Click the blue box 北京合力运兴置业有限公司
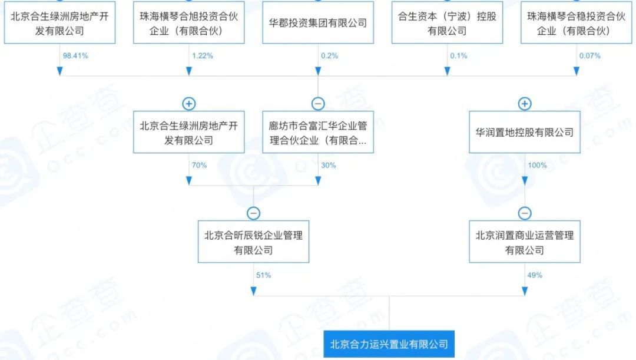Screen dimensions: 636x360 click(x=389, y=344)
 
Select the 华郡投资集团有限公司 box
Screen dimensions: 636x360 click(x=318, y=23)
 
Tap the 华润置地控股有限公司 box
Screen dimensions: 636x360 click(x=525, y=133)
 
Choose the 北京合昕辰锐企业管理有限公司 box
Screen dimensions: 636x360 click(x=253, y=242)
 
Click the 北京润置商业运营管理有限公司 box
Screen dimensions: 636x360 click(x=525, y=242)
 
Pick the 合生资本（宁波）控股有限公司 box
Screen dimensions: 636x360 click(x=447, y=23)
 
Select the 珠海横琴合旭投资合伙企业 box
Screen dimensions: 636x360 click(x=189, y=23)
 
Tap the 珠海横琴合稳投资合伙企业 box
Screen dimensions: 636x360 click(x=577, y=23)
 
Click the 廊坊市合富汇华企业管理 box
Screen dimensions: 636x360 click(x=318, y=133)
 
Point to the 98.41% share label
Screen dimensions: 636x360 click(x=75, y=56)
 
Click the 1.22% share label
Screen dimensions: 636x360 click(x=203, y=56)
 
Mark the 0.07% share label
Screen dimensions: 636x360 click(x=589, y=56)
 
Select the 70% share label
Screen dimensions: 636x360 click(x=199, y=166)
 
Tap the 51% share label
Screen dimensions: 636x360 click(x=264, y=275)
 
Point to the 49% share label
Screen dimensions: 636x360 click(x=535, y=275)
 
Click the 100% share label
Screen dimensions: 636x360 click(x=537, y=166)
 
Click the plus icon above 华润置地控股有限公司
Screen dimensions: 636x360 click(x=525, y=104)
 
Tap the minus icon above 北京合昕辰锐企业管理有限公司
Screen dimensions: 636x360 click(x=253, y=213)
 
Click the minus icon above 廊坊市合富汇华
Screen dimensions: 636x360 click(x=318, y=104)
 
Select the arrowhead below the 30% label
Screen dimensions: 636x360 click(x=318, y=181)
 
